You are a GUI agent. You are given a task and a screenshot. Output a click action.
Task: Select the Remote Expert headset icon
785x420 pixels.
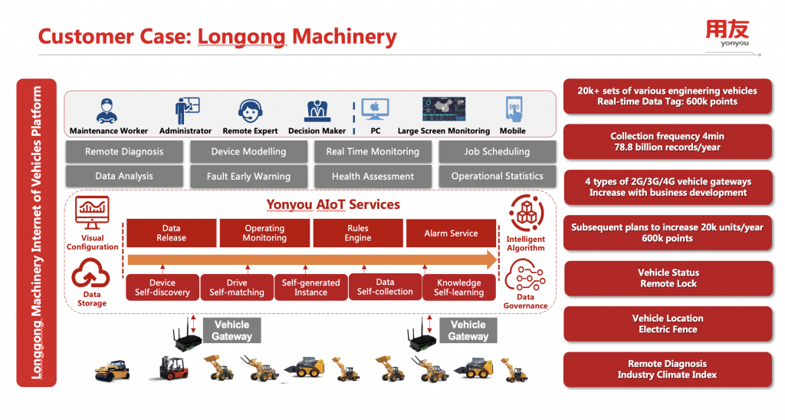click(x=249, y=111)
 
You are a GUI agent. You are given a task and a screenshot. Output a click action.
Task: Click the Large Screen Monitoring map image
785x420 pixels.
click(x=443, y=109)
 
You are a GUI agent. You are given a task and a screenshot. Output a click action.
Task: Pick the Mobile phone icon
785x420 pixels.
click(x=513, y=109)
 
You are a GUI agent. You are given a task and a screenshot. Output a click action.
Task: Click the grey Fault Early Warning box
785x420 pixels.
click(x=248, y=177)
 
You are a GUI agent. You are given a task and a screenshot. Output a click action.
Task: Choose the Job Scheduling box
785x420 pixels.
click(x=497, y=152)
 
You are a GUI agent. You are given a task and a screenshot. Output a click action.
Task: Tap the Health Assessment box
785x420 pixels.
click(x=373, y=177)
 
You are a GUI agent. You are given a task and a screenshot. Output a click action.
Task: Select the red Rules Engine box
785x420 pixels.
click(x=357, y=233)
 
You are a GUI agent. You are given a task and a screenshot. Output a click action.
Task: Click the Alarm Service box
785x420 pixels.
click(x=451, y=233)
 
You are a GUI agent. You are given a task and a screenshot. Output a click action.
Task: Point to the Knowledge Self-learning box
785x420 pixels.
click(x=459, y=287)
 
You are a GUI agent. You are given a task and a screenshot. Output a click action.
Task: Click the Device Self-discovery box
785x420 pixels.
click(x=163, y=287)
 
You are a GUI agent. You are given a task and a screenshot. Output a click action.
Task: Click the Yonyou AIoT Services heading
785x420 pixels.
click(x=333, y=205)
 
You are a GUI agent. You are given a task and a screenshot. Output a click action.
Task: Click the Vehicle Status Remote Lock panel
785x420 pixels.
click(x=668, y=278)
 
